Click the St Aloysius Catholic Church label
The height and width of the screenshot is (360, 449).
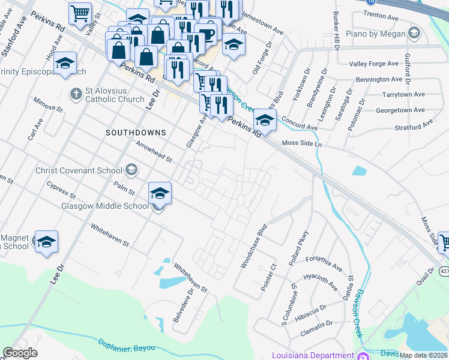(x=114, y=95)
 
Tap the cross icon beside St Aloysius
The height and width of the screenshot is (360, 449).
(x=76, y=94)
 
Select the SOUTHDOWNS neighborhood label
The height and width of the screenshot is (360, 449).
(x=135, y=131)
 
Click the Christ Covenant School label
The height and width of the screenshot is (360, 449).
(x=79, y=170)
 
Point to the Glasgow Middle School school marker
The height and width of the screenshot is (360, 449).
(x=160, y=193)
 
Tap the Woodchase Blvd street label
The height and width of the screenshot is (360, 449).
(x=253, y=247)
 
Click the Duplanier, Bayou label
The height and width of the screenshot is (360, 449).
(x=126, y=346)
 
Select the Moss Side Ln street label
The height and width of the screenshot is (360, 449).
(x=302, y=144)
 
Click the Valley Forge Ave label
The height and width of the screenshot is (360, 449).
(x=374, y=64)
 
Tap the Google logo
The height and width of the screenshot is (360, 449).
(x=20, y=353)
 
